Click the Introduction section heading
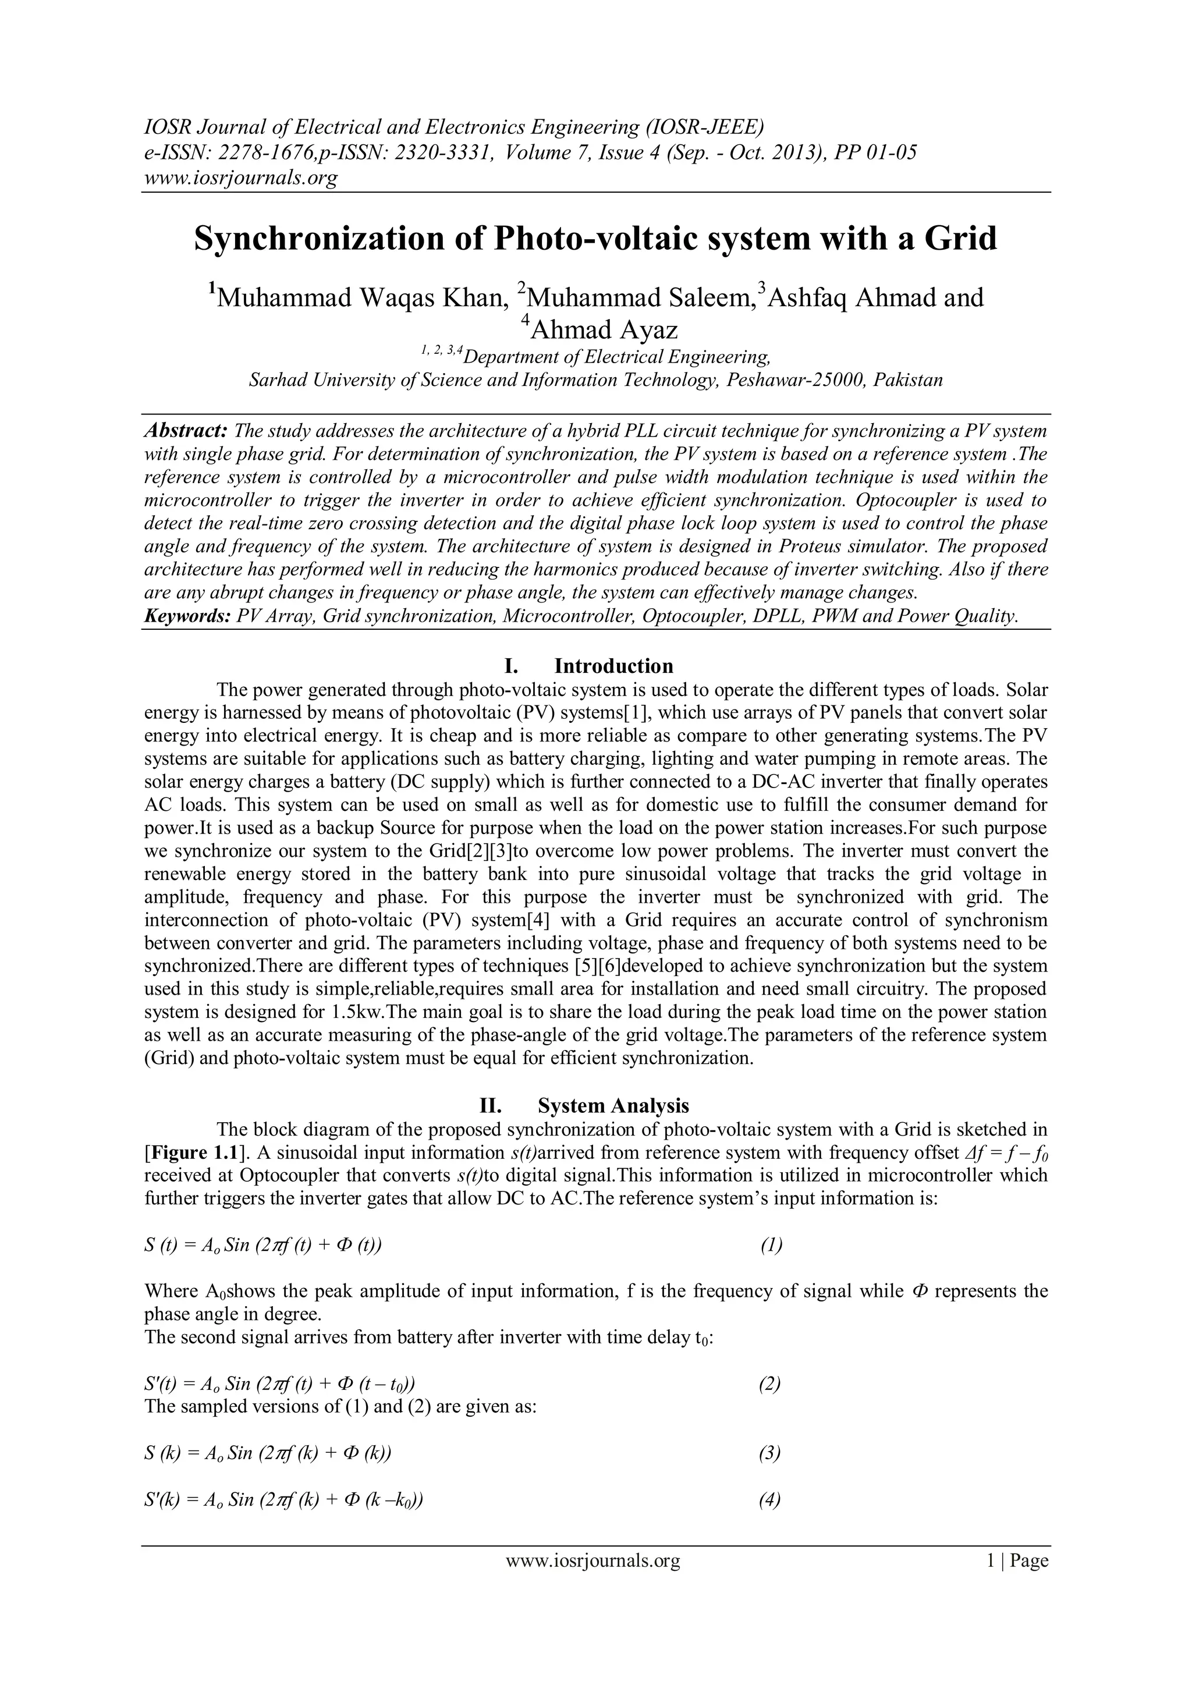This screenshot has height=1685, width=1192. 613,666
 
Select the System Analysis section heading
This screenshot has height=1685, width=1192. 613,1105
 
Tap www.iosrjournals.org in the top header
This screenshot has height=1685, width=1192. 240,178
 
